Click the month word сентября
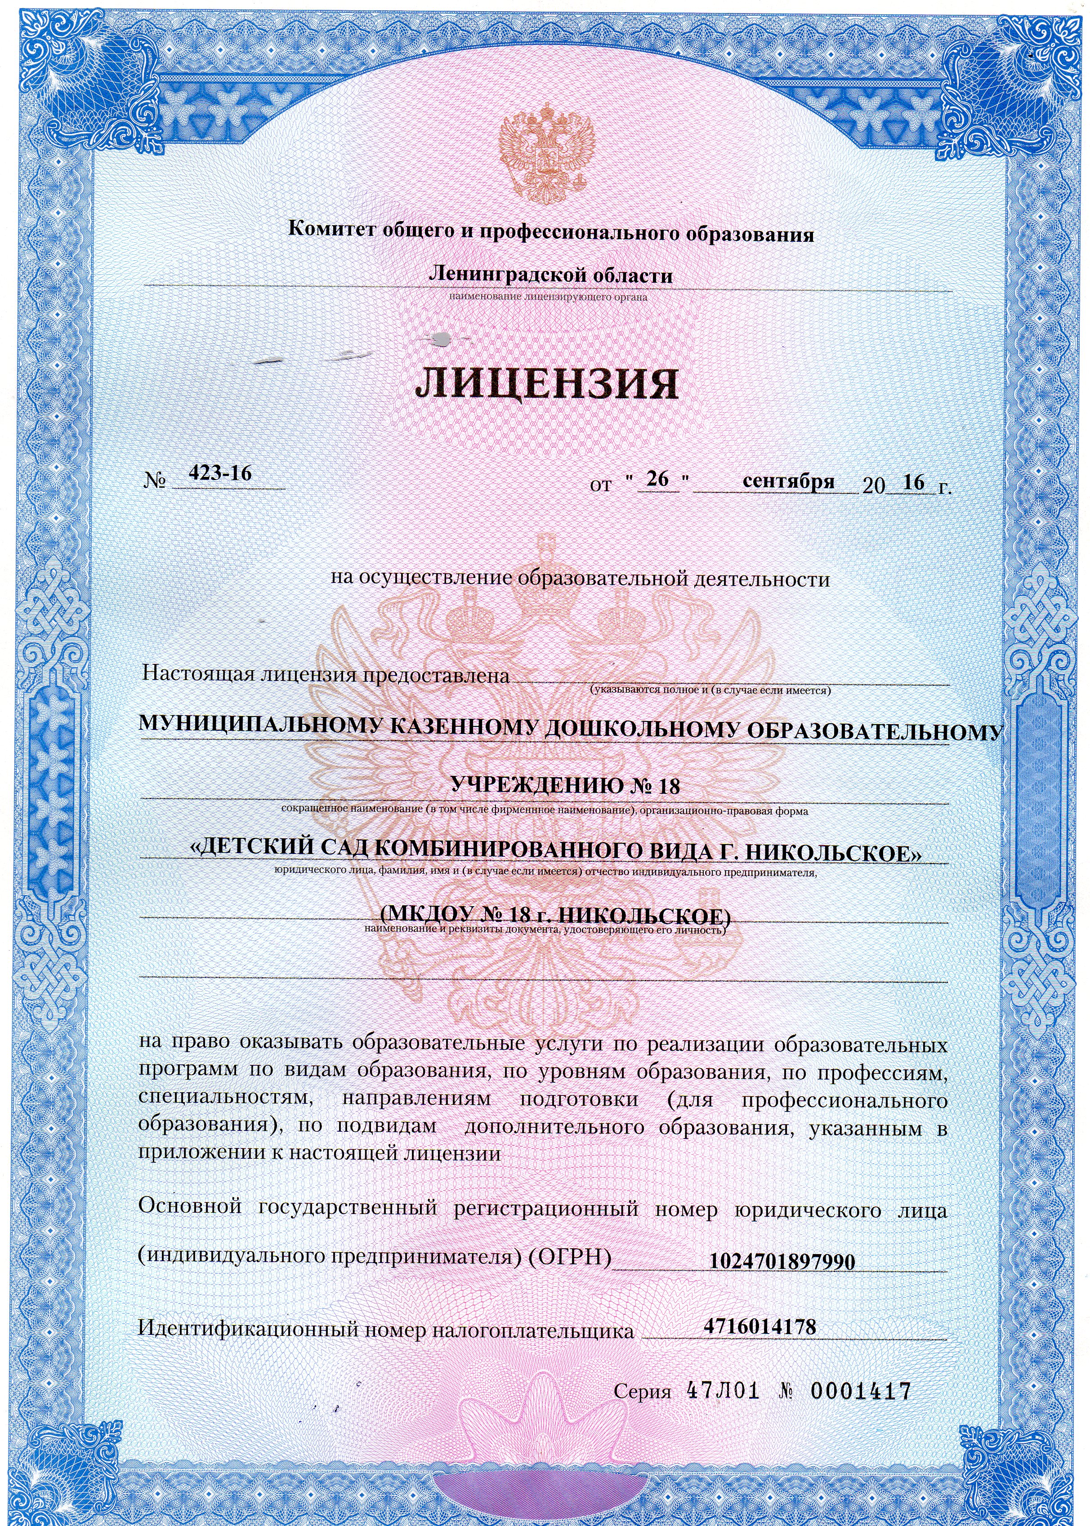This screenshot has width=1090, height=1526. [789, 481]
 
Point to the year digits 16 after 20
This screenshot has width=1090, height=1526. [914, 481]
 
